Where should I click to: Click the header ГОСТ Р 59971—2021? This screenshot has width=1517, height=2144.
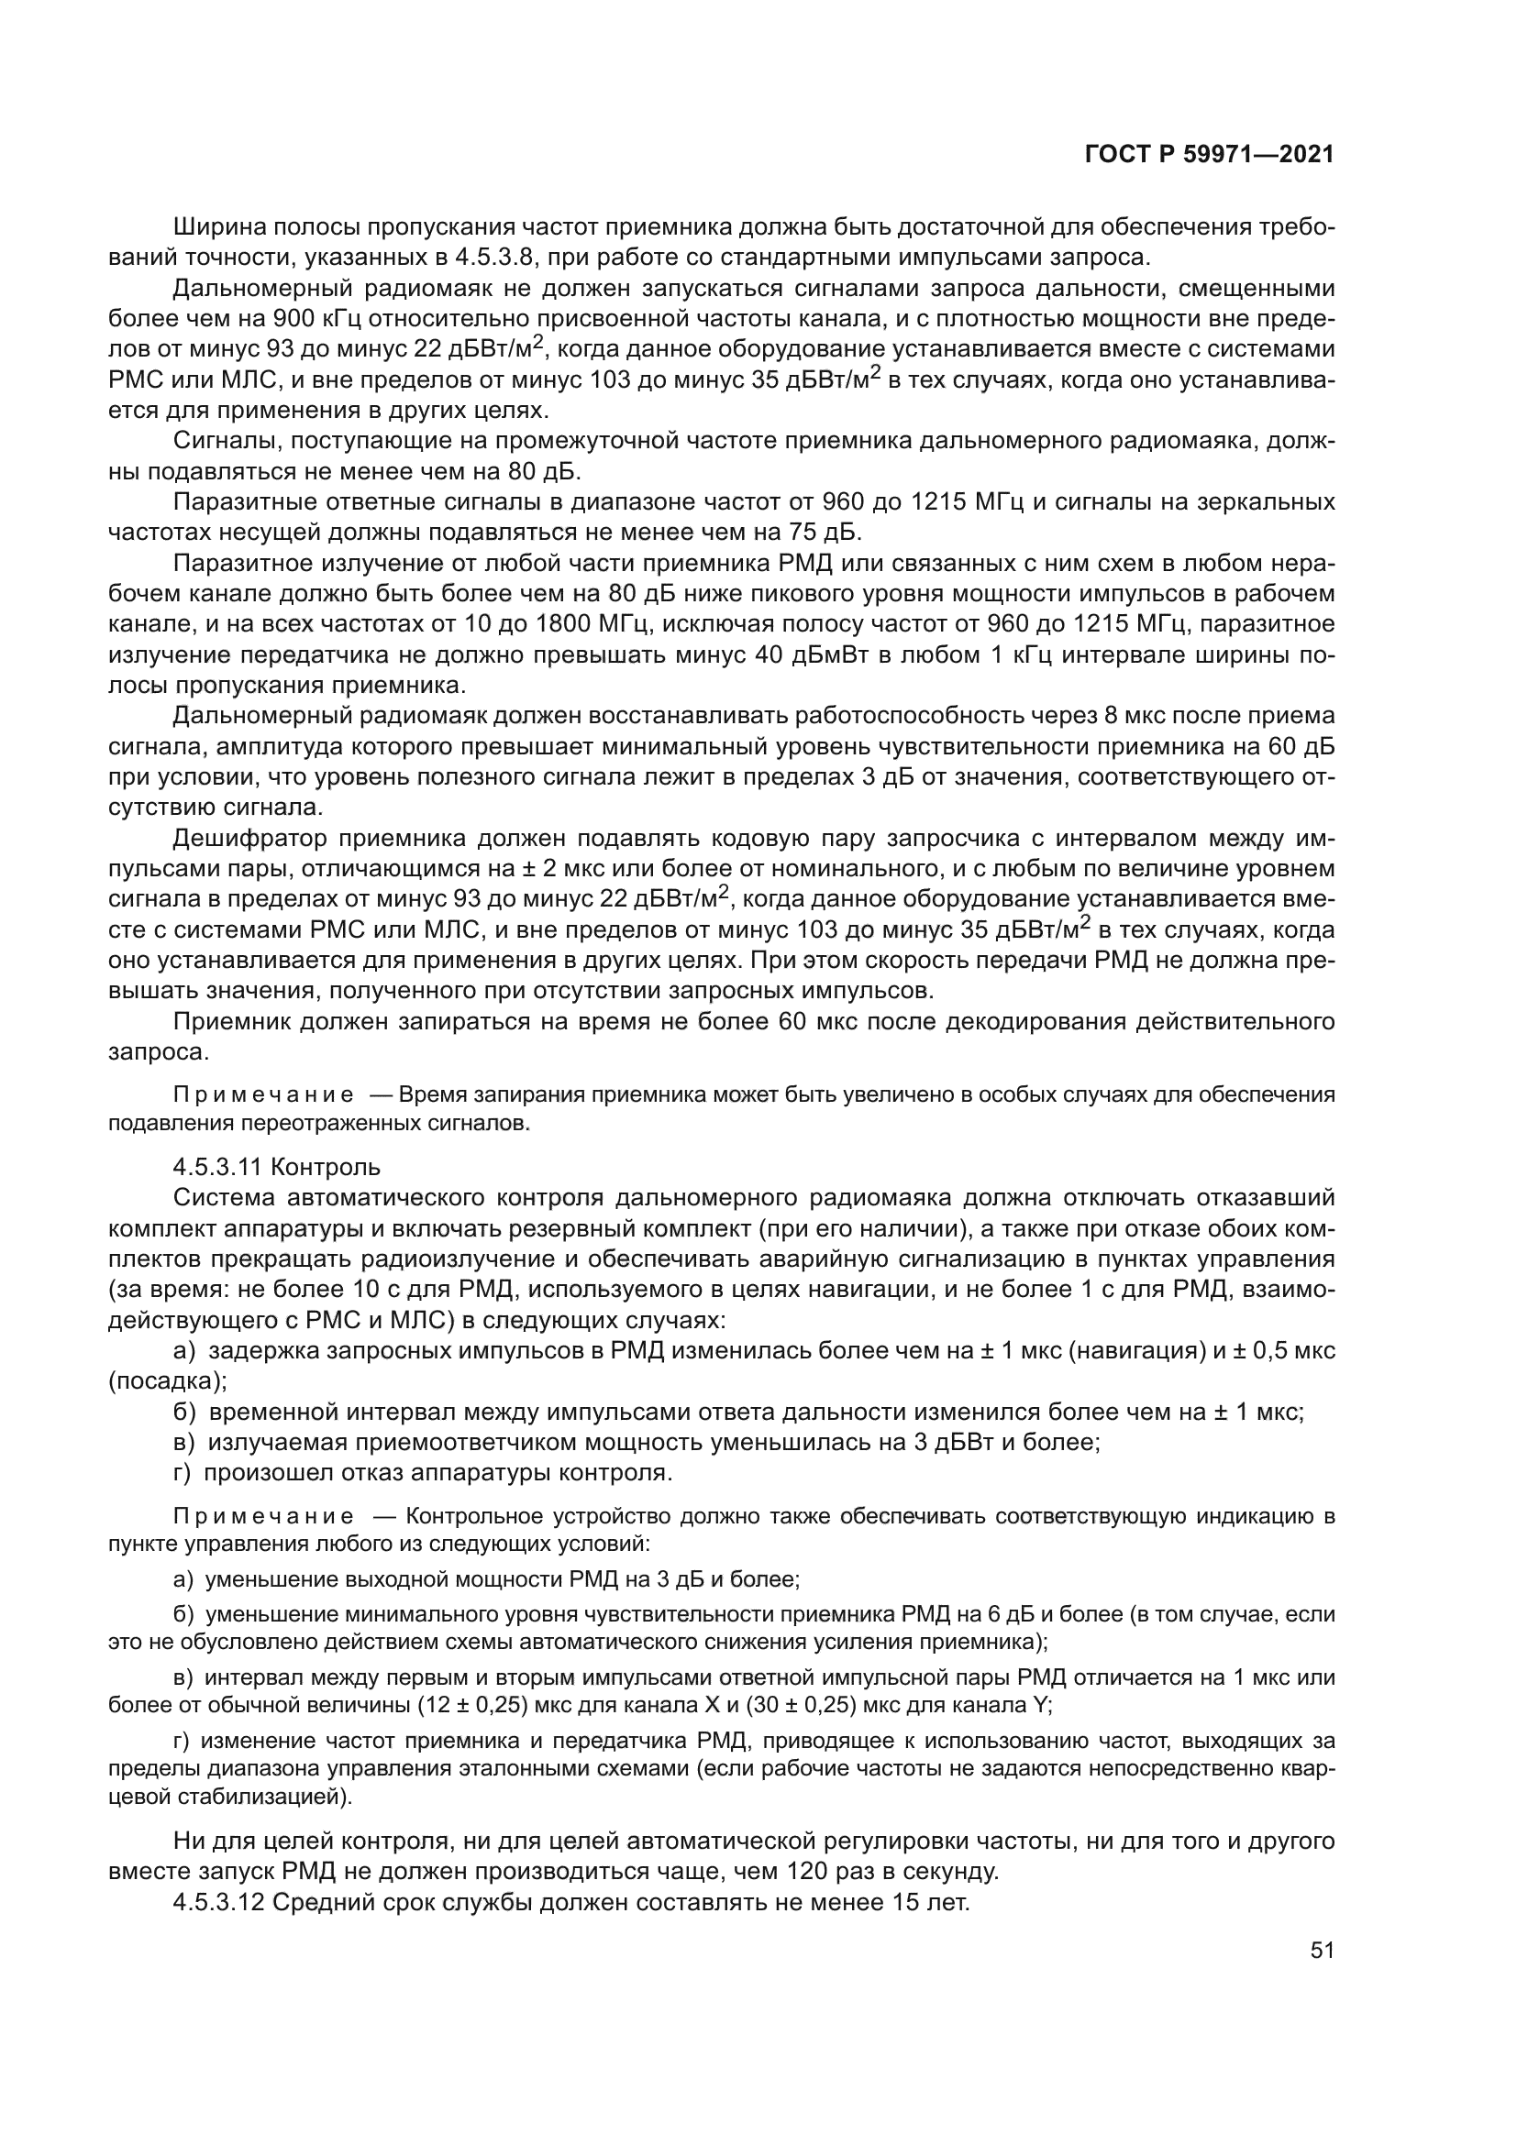1209,155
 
